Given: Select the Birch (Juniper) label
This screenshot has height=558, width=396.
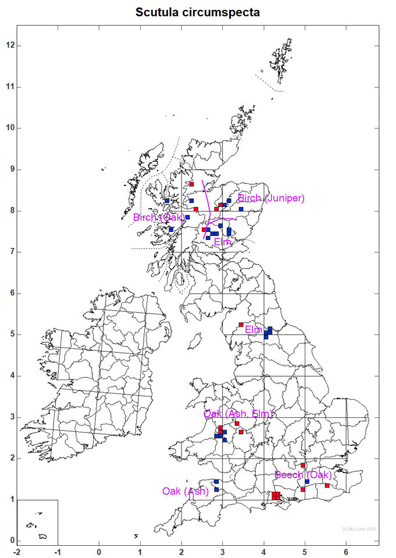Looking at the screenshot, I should coord(271,198).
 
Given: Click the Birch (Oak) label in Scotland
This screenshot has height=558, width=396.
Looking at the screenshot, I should coord(159,217).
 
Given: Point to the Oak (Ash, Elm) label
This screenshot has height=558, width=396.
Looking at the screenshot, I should coord(238,413).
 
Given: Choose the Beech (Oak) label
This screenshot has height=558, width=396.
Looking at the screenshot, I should coord(303,475).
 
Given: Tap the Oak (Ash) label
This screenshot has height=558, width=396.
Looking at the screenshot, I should coord(185,491).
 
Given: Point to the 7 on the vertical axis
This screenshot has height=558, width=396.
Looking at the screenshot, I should coord(8,252).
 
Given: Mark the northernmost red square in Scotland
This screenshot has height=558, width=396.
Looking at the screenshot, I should coord(191,184).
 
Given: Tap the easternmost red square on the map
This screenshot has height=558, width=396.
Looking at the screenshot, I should coord(327,485).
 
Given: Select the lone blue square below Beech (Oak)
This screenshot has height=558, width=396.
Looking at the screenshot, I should coord(307,481).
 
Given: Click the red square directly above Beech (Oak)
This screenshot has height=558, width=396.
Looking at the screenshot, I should coord(303,465).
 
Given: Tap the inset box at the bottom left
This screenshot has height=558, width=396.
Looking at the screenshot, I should coord(37,521).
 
